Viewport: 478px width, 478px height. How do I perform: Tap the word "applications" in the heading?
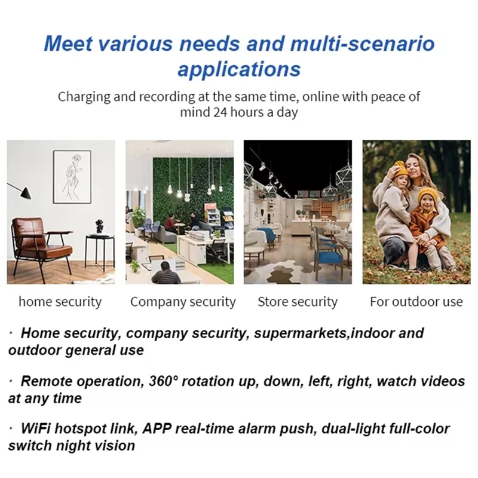(239, 69)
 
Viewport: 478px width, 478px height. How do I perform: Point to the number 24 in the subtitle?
(219, 112)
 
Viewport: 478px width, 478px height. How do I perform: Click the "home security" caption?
(60, 302)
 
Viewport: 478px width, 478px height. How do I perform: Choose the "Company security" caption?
(183, 302)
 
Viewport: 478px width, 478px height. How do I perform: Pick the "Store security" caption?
(298, 302)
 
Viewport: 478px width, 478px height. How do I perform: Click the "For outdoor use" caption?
(416, 302)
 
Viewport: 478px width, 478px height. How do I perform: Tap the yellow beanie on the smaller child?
(428, 195)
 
